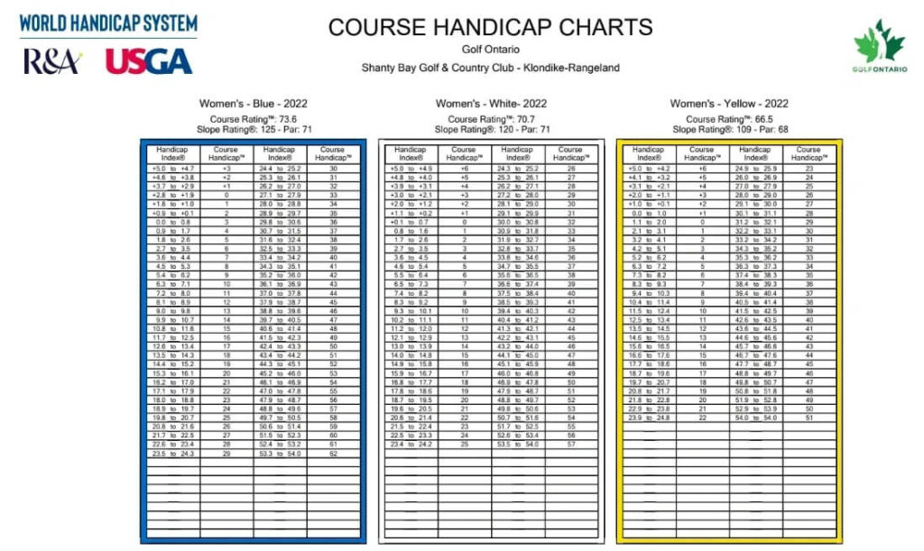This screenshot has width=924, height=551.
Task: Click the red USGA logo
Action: tap(149, 60)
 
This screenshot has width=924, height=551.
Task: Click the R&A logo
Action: tap(53, 61)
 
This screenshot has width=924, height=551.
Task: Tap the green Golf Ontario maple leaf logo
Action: tap(879, 47)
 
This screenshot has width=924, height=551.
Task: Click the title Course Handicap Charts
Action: tap(490, 27)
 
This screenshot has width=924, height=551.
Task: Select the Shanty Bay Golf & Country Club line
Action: tap(490, 68)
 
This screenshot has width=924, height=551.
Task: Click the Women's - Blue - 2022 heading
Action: tap(253, 104)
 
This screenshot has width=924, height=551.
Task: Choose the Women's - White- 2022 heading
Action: tap(491, 104)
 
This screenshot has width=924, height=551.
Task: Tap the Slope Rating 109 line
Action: tap(729, 130)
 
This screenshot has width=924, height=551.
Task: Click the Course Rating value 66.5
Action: tap(729, 119)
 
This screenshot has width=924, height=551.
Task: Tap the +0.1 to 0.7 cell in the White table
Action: tap(410, 222)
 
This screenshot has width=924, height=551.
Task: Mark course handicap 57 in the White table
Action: tap(570, 445)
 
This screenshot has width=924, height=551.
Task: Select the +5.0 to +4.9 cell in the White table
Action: tap(410, 169)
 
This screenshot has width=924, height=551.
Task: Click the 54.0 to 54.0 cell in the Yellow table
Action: tap(755, 418)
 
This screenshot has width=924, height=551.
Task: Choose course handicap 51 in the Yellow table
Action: tap(808, 418)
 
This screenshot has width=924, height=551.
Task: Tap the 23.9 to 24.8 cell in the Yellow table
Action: tap(649, 418)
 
